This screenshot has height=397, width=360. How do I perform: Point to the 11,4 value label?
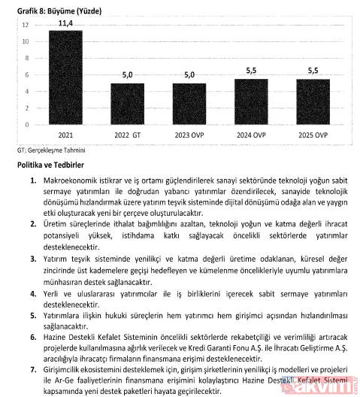pyautogui.click(x=65, y=23)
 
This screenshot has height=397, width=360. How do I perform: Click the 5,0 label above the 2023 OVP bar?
pyautogui.click(x=189, y=75)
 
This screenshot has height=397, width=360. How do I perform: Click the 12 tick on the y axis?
pyautogui.click(x=26, y=25)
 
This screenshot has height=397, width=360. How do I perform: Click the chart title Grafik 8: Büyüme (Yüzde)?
pyautogui.click(x=47, y=8)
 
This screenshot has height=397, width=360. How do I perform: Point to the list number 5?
pyautogui.click(x=34, y=317)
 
